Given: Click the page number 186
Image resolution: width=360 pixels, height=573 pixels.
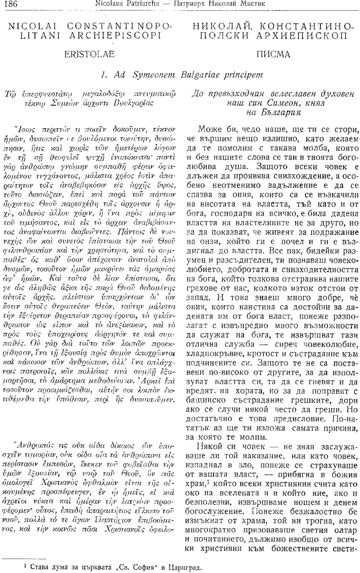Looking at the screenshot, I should tap(10, 4).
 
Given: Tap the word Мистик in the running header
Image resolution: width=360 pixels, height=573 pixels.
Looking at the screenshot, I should tap(254, 4).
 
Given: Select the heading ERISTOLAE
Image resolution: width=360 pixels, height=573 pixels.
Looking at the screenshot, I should tap(89, 54).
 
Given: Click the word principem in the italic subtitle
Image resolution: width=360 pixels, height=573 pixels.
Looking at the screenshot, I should tap(243, 75).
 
